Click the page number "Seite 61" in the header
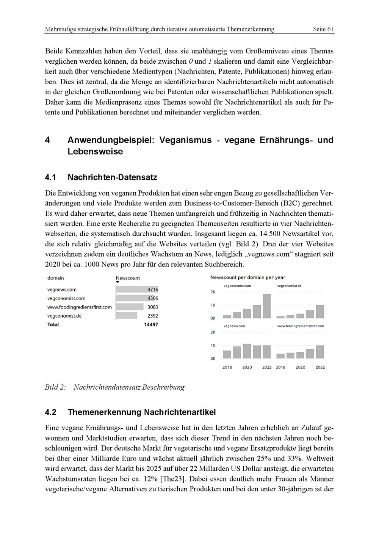pyautogui.click(x=323, y=29)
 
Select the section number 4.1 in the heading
pyautogui.click(x=50, y=177)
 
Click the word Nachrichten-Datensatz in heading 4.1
pyautogui.click(x=112, y=177)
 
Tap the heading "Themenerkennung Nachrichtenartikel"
pyautogui.click(x=142, y=412)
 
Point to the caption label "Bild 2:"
pyautogui.click(x=55, y=387)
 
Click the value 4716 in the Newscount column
pyautogui.click(x=152, y=290)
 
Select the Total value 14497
pyautogui.click(x=151, y=324)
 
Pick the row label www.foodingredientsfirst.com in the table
pyautogui.click(x=80, y=307)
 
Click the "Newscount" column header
pyautogui.click(x=128, y=278)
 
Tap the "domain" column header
pyautogui.click(x=56, y=278)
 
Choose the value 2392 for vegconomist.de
pyautogui.click(x=152, y=316)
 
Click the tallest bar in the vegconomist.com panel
pyautogui.click(x=267, y=306)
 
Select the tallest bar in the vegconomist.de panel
pyautogui.click(x=320, y=312)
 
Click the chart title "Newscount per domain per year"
pyautogui.click(x=248, y=277)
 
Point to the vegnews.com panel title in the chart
pyautogui.click(x=234, y=326)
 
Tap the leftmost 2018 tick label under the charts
pyautogui.click(x=227, y=367)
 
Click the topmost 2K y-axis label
pyautogui.click(x=213, y=292)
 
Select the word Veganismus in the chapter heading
pyautogui.click(x=185, y=140)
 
